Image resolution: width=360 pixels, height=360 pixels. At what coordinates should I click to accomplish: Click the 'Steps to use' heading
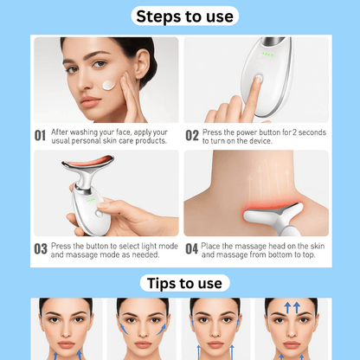tap(179, 16)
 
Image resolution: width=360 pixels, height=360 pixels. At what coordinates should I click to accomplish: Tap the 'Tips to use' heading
tap(179, 283)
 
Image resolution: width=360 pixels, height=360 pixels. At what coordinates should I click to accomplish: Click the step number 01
tap(40, 136)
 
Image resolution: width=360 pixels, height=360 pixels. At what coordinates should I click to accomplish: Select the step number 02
tap(192, 136)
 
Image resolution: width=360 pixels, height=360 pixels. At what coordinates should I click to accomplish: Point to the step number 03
tap(40, 249)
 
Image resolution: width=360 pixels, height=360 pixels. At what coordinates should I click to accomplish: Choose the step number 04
tap(192, 249)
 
